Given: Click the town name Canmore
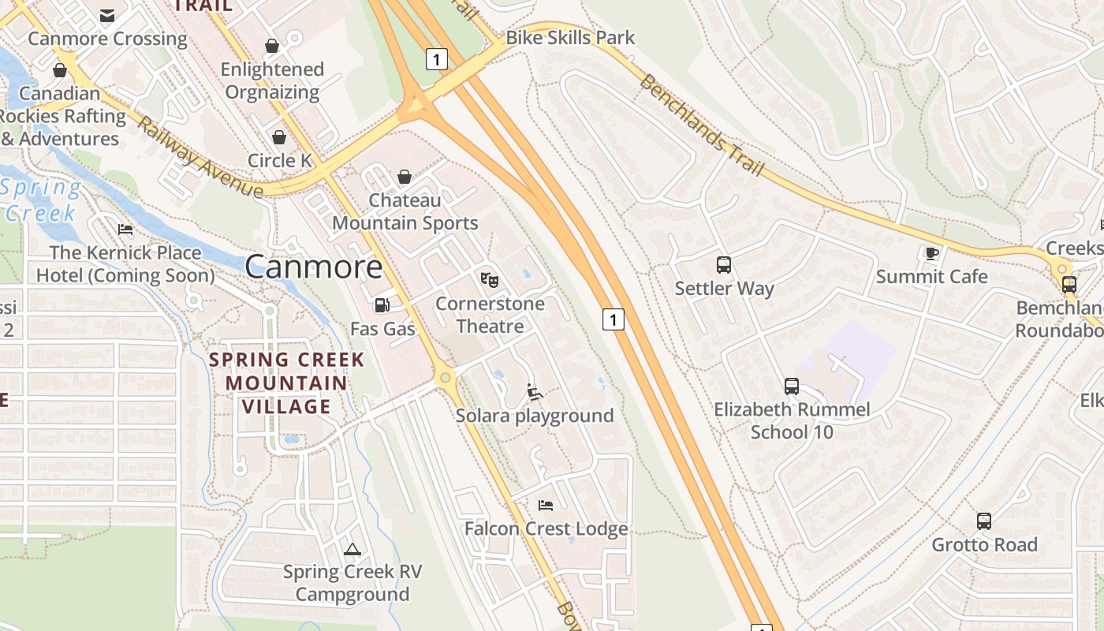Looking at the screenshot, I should pyautogui.click(x=313, y=267).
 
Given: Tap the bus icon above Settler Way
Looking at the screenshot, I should pyautogui.click(x=724, y=265).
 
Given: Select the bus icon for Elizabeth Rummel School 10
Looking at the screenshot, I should pyautogui.click(x=792, y=386).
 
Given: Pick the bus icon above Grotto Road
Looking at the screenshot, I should pyautogui.click(x=984, y=521).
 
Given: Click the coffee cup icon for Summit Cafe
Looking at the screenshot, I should pyautogui.click(x=931, y=253).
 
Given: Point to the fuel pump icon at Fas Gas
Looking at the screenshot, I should pyautogui.click(x=382, y=305).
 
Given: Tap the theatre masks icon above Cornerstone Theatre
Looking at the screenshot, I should pyautogui.click(x=490, y=279).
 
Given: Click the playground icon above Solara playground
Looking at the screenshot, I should pyautogui.click(x=535, y=392).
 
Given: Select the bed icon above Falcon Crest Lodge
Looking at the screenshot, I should pyautogui.click(x=546, y=505).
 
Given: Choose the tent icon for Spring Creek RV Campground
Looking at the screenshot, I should pyautogui.click(x=352, y=549).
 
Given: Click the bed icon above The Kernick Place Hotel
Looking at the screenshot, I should pyautogui.click(x=125, y=230).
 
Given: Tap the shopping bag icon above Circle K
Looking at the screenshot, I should pyautogui.click(x=279, y=137).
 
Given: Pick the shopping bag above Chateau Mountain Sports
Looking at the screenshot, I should pyautogui.click(x=405, y=177).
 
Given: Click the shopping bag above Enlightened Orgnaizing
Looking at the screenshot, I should pyautogui.click(x=272, y=46).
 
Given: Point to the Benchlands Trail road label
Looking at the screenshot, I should pyautogui.click(x=702, y=125).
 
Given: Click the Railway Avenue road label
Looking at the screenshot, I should pyautogui.click(x=200, y=158).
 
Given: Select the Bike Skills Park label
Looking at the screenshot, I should pyautogui.click(x=570, y=37).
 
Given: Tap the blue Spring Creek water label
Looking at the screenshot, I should pyautogui.click(x=41, y=200).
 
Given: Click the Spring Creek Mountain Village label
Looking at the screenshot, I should pyautogui.click(x=286, y=383).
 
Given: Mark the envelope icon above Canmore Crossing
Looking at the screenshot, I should pyautogui.click(x=107, y=16).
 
